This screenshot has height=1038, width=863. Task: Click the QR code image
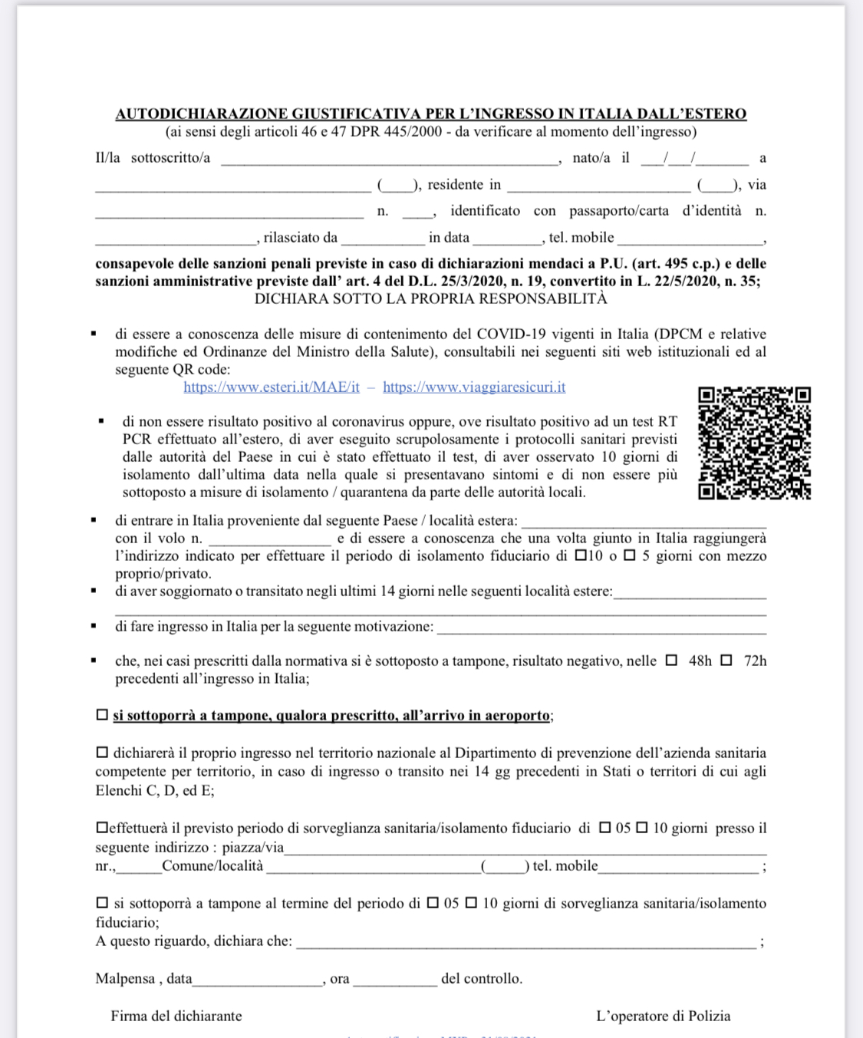pos(754,443)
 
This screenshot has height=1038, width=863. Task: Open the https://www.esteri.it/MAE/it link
pos(272,387)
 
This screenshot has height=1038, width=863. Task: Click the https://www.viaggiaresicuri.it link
pos(474,387)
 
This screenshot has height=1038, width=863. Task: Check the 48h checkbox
pos(672,660)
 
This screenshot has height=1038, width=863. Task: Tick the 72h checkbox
pos(726,660)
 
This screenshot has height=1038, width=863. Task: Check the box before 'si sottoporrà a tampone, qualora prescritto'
pos(102,715)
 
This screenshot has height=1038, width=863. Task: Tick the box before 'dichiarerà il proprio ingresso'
pos(102,753)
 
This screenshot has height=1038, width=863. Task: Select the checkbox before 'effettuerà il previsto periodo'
pos(101,828)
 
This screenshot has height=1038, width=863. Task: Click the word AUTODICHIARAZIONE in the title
pos(202,114)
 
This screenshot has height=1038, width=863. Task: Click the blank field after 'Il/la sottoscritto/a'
pos(390,160)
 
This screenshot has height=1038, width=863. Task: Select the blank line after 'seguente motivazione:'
pos(601,628)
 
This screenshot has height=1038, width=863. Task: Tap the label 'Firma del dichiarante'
pos(176,1016)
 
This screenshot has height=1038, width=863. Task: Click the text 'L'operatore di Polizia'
pos(663,1016)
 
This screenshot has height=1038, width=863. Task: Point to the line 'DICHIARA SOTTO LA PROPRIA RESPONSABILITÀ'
pos(430,298)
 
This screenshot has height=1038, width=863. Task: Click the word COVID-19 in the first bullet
pos(512,334)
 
